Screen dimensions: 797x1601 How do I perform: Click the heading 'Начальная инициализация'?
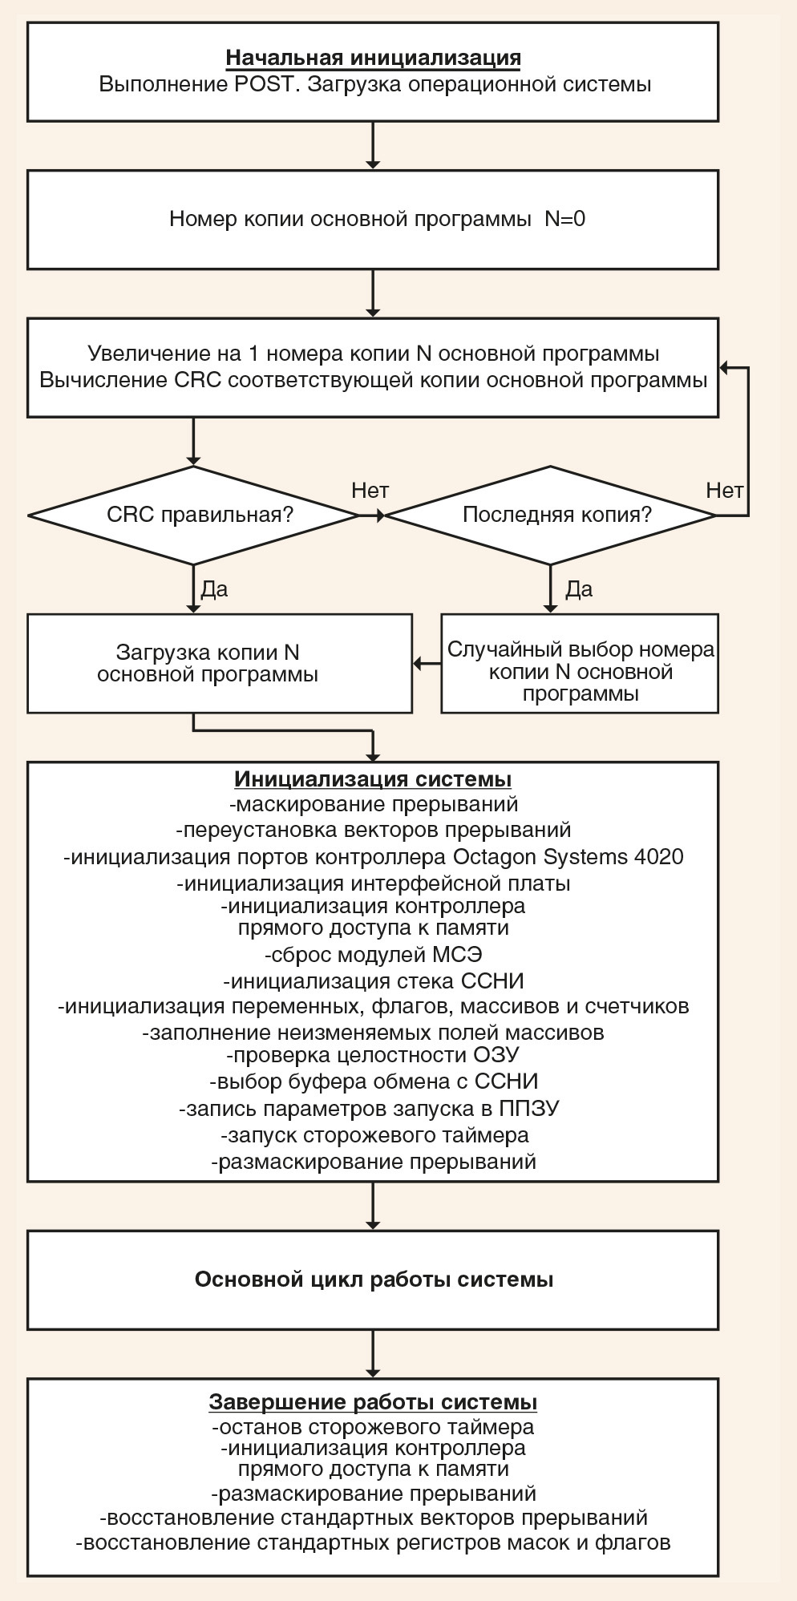[x=373, y=58]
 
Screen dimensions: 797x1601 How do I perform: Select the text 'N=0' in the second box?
[x=565, y=219]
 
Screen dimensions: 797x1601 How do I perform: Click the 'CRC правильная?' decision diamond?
[x=193, y=515]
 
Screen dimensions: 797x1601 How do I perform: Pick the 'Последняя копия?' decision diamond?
[x=551, y=515]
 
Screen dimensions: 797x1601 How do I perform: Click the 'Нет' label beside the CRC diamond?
[x=370, y=491]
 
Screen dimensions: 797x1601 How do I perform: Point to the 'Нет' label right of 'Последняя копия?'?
[x=725, y=491]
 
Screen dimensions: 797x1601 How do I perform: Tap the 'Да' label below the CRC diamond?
[x=214, y=589]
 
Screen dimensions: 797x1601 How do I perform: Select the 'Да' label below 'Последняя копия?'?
[x=579, y=589]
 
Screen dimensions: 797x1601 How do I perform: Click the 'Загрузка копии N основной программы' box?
[x=220, y=664]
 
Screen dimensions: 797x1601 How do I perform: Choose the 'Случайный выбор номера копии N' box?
[x=580, y=664]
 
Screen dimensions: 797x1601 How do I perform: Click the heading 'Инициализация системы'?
[x=373, y=779]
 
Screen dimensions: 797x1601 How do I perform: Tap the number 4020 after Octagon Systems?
[x=657, y=857]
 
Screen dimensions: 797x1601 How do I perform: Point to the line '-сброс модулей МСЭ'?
[x=373, y=955]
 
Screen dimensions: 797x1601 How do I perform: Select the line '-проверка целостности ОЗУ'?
[x=373, y=1055]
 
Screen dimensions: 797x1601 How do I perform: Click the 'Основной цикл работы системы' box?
[x=373, y=1280]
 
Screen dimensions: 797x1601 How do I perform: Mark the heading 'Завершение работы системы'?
[x=373, y=1402]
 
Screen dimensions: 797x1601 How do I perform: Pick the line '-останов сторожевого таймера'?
[x=373, y=1428]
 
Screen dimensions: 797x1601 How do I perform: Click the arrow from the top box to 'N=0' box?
[x=373, y=145]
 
